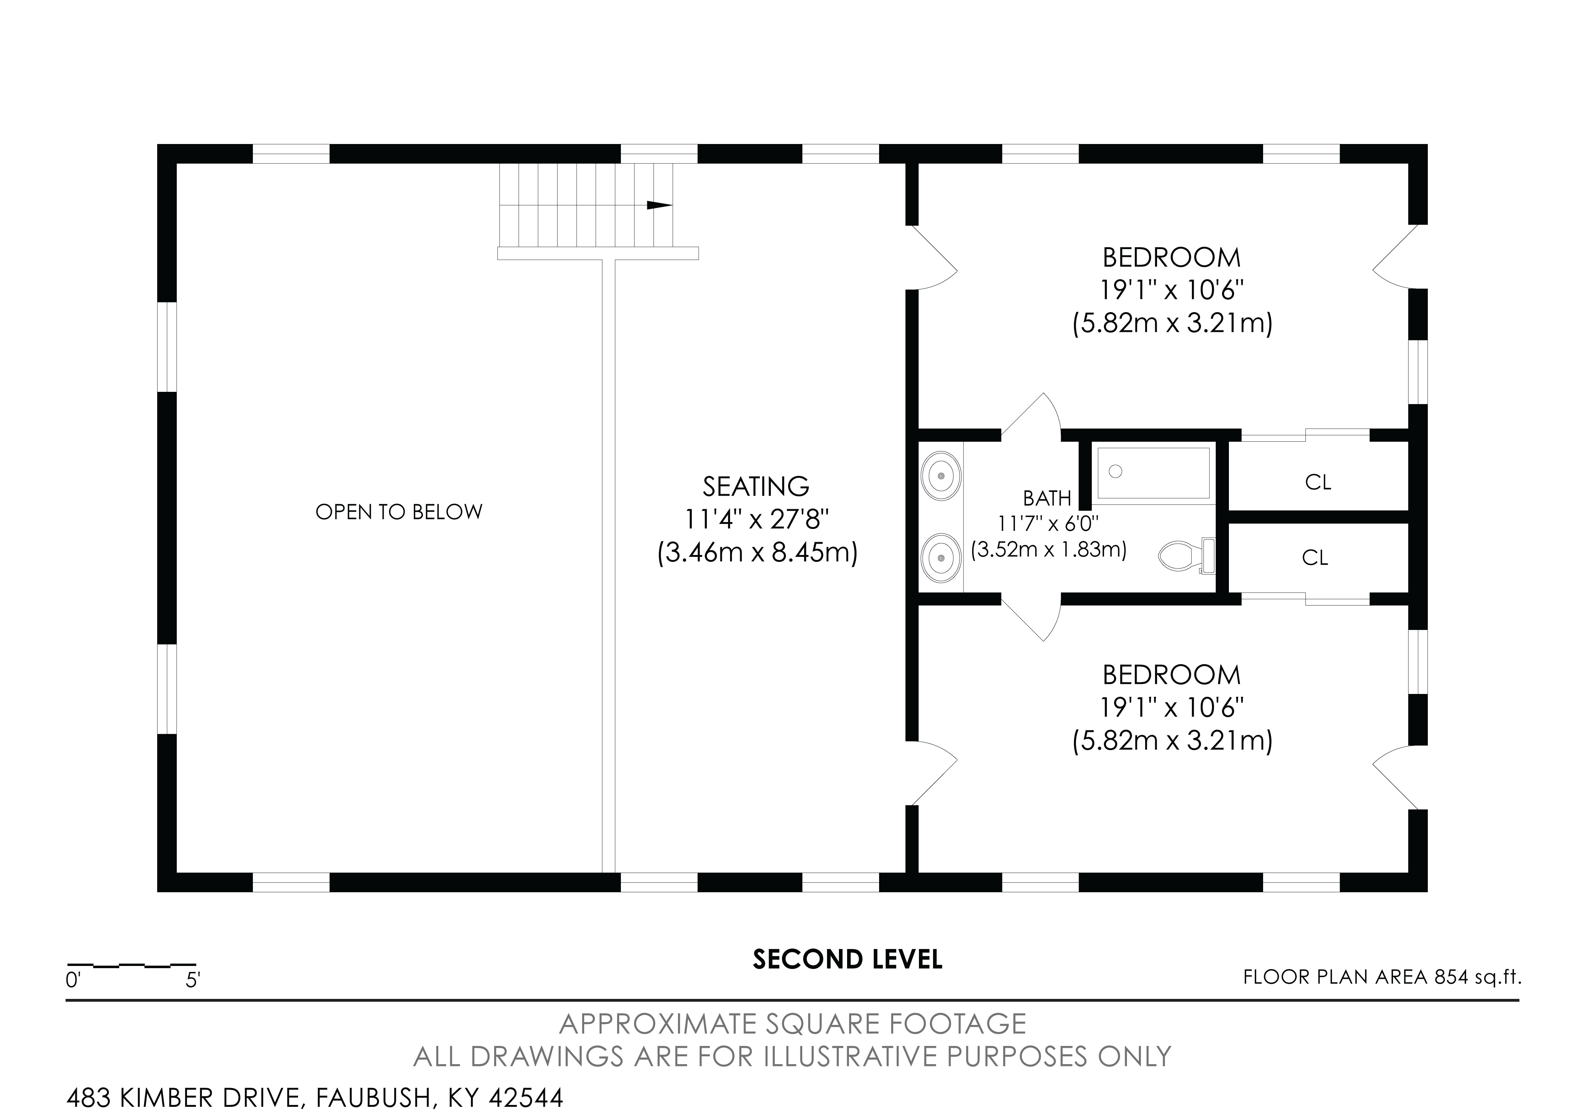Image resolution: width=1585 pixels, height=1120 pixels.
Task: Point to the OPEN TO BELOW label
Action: [x=399, y=512]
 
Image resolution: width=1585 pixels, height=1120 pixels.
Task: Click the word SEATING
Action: [x=756, y=487]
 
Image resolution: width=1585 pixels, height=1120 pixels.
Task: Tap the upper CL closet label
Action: [x=1318, y=482]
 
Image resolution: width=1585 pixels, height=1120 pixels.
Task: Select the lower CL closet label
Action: [x=1315, y=557]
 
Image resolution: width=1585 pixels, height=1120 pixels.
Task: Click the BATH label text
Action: [x=1047, y=498]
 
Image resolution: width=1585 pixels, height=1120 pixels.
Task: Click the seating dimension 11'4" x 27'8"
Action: [x=756, y=519]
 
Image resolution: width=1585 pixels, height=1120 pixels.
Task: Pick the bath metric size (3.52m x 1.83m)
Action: [x=1049, y=550]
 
